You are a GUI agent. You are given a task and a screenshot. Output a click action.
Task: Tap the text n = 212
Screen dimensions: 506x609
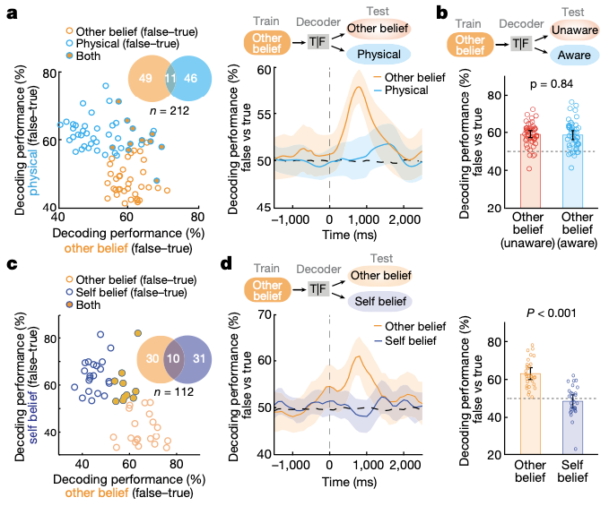click(x=170, y=111)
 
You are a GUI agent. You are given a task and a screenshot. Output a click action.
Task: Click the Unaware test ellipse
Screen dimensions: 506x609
click(x=569, y=32)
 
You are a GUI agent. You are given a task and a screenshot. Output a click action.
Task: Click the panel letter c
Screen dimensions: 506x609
click(x=11, y=265)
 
